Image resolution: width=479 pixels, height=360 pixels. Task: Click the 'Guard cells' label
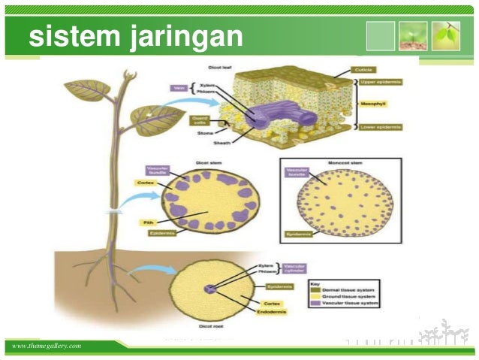pos(198,119)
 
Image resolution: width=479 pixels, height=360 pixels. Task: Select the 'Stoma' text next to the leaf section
pos(204,133)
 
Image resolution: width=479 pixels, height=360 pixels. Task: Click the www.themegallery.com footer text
pos(46,345)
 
